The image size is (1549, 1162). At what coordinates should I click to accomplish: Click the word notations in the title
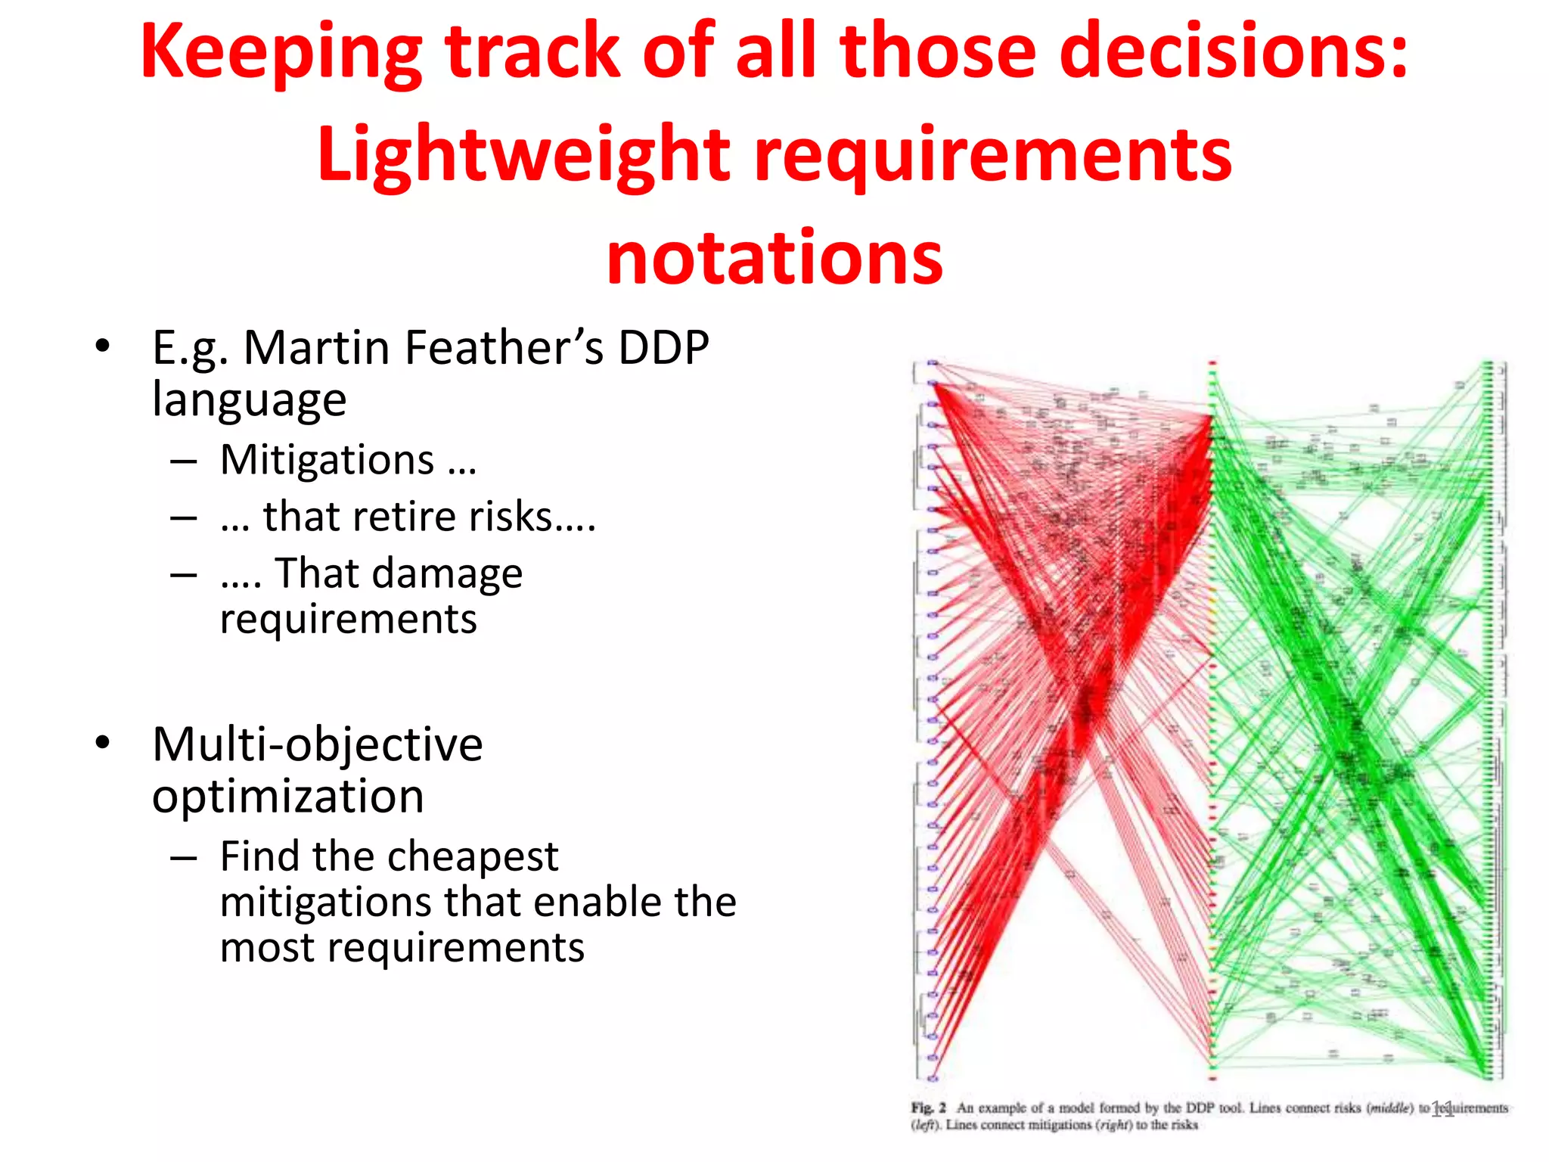point(774,257)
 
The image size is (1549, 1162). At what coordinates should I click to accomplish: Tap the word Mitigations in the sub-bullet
point(327,460)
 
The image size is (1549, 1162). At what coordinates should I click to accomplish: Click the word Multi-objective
point(317,744)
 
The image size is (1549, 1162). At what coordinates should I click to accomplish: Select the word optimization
point(287,797)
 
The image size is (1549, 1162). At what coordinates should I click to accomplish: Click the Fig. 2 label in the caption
point(928,1108)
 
